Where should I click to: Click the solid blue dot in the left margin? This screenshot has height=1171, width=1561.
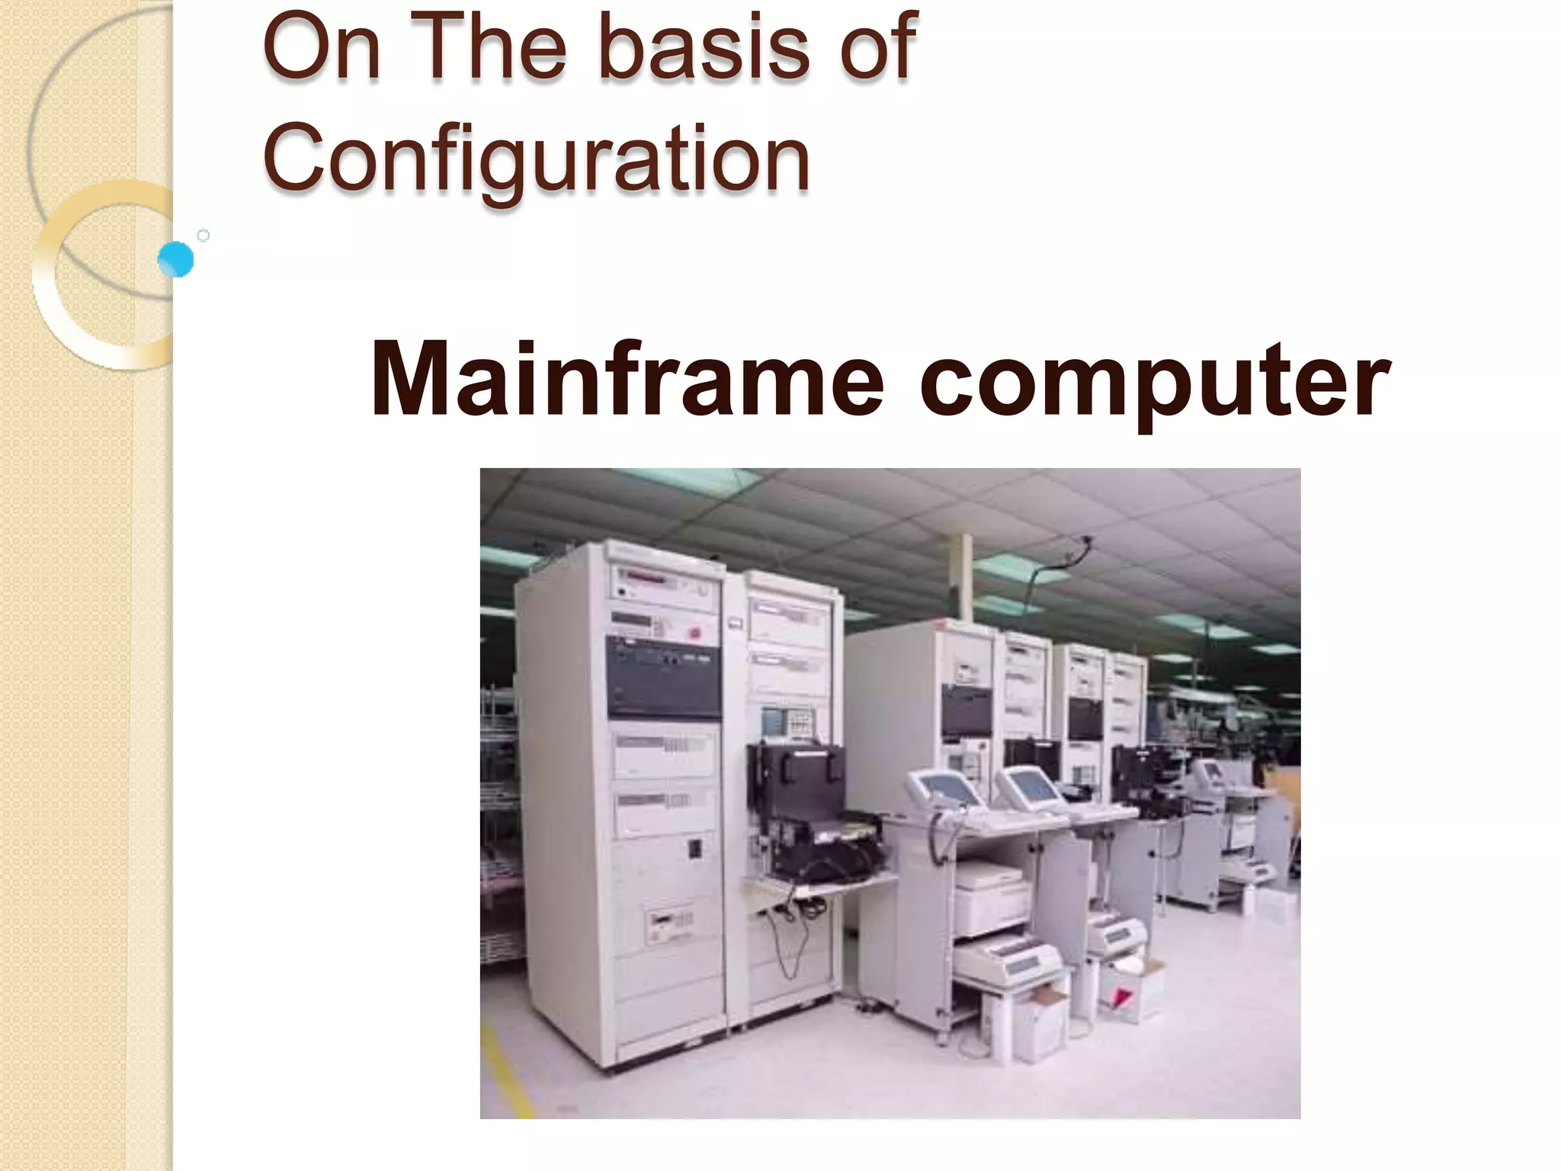coord(176,260)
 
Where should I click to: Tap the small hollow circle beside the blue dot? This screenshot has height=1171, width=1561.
coord(204,236)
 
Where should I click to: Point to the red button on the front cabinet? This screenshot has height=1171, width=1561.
coord(694,632)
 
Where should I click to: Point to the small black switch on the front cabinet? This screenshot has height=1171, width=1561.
coord(694,849)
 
